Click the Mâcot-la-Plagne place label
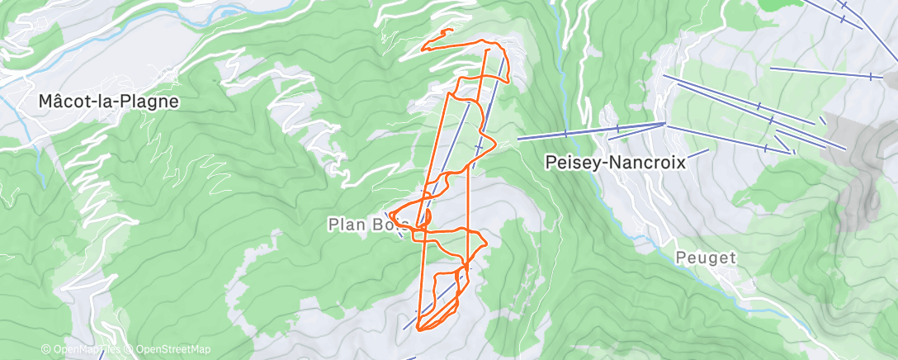coord(109,102)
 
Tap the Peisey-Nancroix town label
coord(616,163)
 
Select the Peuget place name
coord(705,258)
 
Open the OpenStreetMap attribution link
coord(175,349)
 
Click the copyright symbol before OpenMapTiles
coord(47,349)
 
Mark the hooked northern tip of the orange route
coord(448,31)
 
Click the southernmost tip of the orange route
coord(419,329)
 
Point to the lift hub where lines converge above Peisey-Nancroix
coord(665,124)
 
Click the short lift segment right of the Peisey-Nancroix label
coord(697,153)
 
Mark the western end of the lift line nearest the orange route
coord(519,140)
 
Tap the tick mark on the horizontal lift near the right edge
coord(871,76)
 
